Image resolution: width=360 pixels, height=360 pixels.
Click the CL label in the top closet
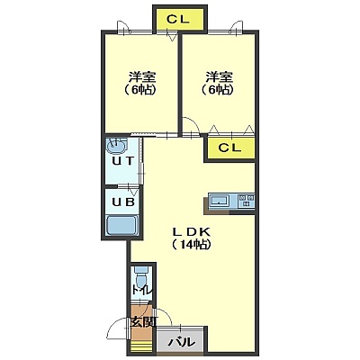(x=178, y=20)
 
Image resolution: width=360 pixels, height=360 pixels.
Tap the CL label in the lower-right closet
(x=229, y=148)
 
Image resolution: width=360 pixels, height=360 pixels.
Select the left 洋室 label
(x=142, y=77)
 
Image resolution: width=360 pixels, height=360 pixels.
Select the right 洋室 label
(x=220, y=77)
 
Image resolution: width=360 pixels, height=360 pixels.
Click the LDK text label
(x=192, y=231)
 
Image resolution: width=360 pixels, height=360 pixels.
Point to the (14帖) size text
(x=192, y=245)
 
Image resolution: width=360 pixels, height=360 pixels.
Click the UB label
(x=122, y=202)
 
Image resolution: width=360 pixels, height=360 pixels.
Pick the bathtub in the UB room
(x=122, y=225)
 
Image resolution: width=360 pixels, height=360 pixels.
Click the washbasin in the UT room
(x=116, y=147)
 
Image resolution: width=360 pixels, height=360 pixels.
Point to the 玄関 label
(x=143, y=322)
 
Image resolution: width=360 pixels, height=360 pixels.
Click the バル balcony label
(x=181, y=342)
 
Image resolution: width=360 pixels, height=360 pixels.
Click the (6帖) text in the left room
(x=140, y=90)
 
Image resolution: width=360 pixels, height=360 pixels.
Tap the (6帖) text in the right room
(x=218, y=90)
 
